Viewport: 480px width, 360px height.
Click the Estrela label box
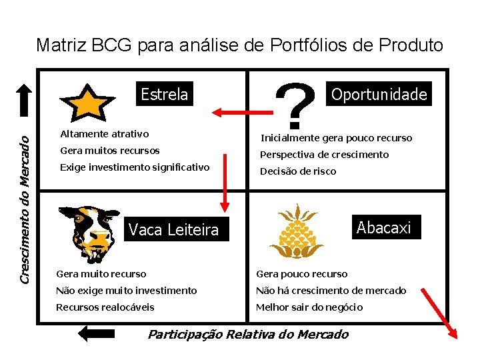[165, 95]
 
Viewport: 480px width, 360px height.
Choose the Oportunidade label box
[379, 94]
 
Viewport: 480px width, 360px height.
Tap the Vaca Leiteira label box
[173, 230]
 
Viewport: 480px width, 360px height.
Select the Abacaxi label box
[384, 227]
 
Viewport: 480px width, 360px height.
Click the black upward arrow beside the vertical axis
[24, 103]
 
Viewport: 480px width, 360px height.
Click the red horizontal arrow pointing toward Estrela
[237, 111]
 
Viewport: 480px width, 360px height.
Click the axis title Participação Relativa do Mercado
[248, 334]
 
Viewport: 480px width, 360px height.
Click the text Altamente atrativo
[105, 134]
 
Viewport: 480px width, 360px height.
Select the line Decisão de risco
[298, 171]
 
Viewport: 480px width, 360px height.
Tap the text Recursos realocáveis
[105, 307]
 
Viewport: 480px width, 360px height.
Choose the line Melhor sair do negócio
[309, 307]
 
